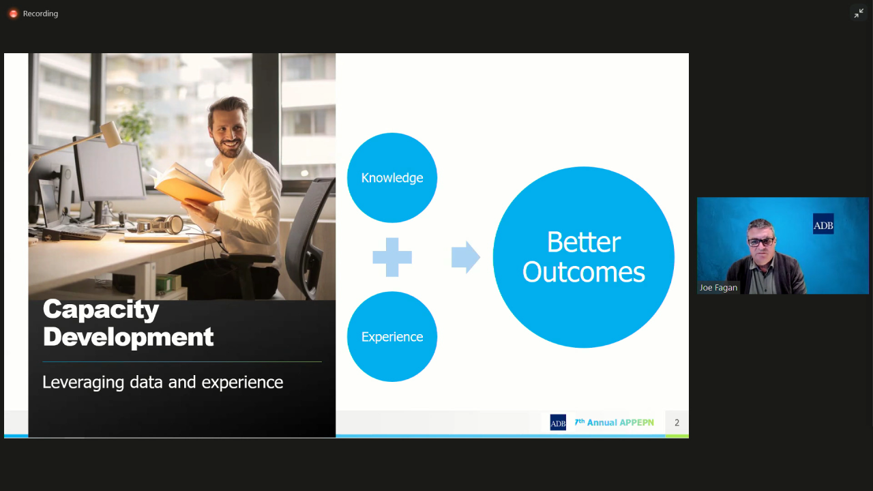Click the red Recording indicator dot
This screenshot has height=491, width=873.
click(x=13, y=14)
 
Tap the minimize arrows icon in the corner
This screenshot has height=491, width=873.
click(x=859, y=13)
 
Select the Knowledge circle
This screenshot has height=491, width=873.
click(x=392, y=178)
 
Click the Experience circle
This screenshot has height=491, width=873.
click(x=392, y=337)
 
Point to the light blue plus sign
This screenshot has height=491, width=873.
click(x=392, y=257)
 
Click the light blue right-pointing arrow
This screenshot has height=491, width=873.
click(x=466, y=257)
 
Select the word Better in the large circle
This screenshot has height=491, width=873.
click(x=584, y=242)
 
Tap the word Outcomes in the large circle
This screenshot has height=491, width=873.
click(x=584, y=272)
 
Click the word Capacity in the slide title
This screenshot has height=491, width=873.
click(x=101, y=310)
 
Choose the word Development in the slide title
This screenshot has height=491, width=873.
click(x=128, y=337)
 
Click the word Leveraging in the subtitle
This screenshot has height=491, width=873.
click(x=83, y=383)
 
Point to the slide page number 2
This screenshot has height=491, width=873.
click(x=677, y=422)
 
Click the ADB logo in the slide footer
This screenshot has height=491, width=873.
click(x=558, y=422)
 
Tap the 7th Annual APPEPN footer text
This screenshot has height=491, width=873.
click(x=615, y=422)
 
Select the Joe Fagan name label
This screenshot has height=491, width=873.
click(x=718, y=288)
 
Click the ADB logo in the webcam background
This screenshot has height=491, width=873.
click(x=823, y=224)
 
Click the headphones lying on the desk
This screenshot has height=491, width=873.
click(x=160, y=225)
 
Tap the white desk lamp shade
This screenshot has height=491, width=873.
click(x=112, y=133)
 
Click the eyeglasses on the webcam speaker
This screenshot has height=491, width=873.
click(x=760, y=242)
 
